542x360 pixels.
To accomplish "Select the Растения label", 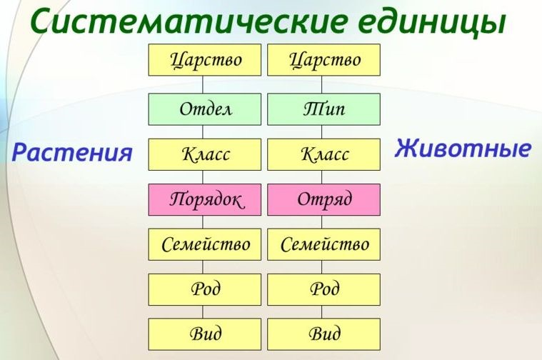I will click(72, 152).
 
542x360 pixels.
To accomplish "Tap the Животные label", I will click(463, 149).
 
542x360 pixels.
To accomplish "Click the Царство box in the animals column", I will click(323, 60).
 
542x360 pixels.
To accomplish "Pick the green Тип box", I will click(323, 109).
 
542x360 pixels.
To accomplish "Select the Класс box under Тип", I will click(323, 154).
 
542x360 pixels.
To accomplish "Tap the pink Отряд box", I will click(323, 199).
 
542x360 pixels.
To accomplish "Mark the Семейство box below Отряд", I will click(323, 244).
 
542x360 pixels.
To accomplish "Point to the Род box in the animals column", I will click(323, 289).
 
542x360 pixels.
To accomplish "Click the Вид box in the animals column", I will click(323, 334).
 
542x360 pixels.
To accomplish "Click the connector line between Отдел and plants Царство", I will click(204, 84).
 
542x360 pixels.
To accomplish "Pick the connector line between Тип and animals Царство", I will click(323, 84).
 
